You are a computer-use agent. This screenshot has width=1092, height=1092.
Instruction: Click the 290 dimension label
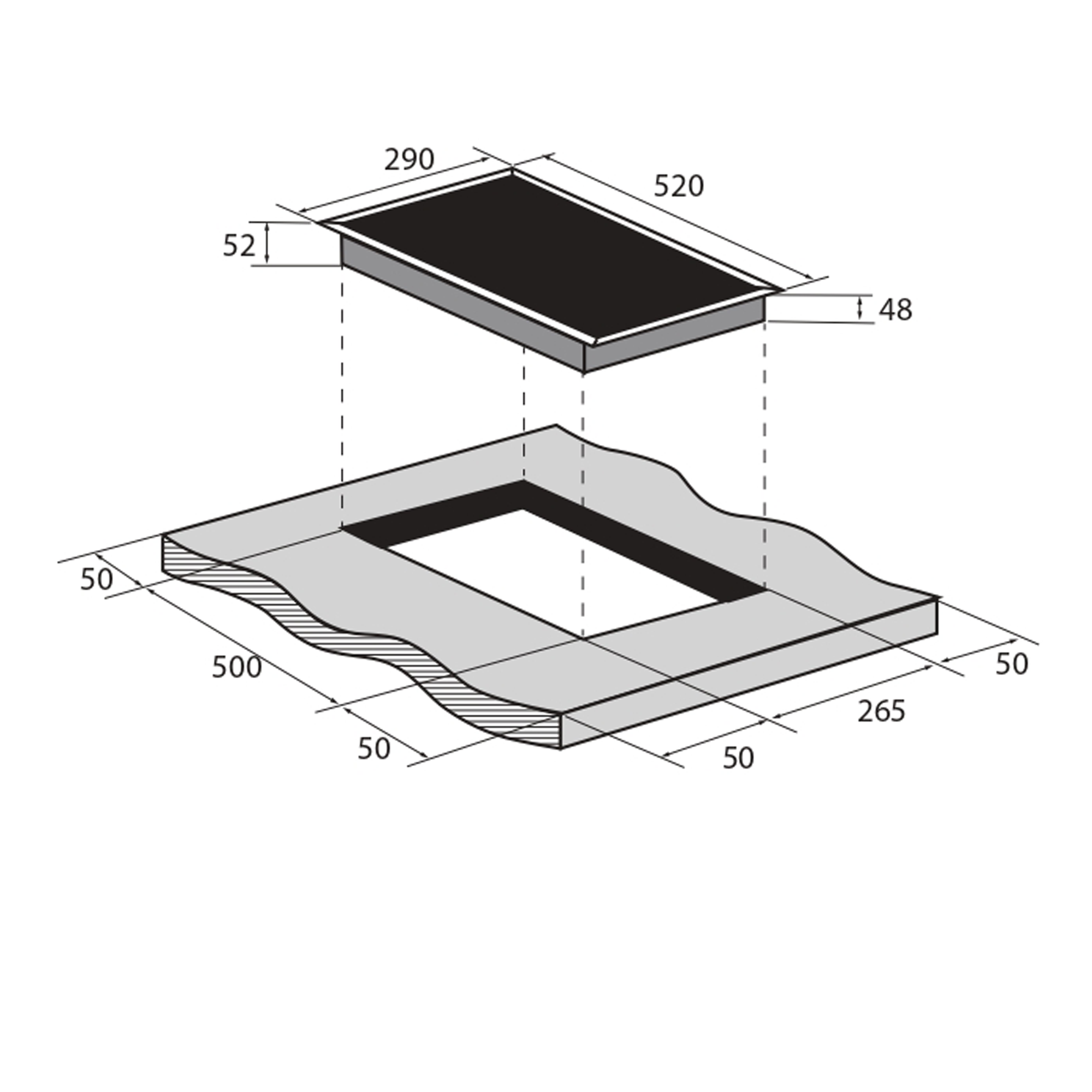click(x=409, y=160)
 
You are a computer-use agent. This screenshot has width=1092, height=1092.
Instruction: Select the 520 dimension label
click(x=679, y=186)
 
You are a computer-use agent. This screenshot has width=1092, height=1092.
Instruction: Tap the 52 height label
click(x=239, y=246)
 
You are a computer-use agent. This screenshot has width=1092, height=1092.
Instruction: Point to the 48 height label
click(x=895, y=310)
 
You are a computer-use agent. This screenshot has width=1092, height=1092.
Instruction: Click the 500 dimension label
click(x=237, y=668)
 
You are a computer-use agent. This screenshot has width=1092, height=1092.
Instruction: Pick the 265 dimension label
click(x=881, y=711)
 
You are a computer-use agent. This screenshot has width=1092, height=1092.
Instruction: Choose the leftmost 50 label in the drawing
click(x=97, y=580)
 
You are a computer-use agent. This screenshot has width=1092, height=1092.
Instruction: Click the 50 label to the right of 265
click(x=1011, y=664)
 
